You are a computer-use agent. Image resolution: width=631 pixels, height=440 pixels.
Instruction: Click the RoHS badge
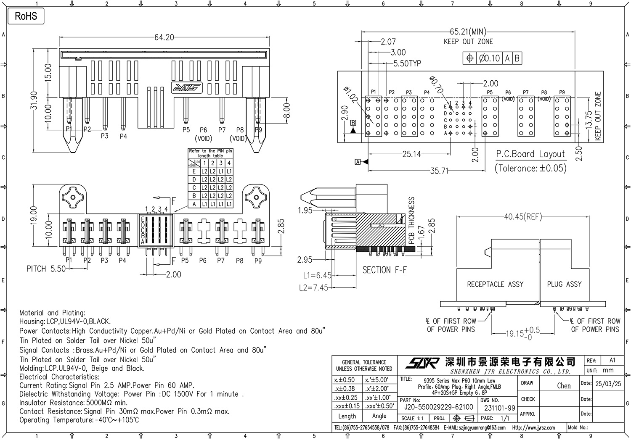pyautogui.click(x=26, y=16)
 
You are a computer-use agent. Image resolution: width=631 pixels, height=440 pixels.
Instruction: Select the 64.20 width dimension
pyautogui.click(x=164, y=37)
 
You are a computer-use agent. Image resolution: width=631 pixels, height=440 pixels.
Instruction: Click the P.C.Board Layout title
pyautogui.click(x=530, y=154)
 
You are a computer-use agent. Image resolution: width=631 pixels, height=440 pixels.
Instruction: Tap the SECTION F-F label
pyautogui.click(x=384, y=270)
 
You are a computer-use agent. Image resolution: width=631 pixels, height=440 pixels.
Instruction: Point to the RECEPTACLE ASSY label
pyautogui.click(x=495, y=285)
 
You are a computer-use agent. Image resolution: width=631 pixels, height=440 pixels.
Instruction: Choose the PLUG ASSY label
pyautogui.click(x=564, y=285)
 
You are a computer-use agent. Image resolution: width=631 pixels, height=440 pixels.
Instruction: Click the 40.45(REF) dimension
pyautogui.click(x=523, y=217)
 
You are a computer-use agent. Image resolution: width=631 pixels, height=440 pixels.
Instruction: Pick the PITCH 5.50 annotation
pyautogui.click(x=46, y=269)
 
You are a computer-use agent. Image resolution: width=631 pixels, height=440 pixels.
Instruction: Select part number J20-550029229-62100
pyautogui.click(x=438, y=407)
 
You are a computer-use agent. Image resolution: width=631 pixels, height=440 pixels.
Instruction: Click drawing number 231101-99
pyautogui.click(x=499, y=408)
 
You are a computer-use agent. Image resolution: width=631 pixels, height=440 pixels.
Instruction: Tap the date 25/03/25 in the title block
pyautogui.click(x=608, y=384)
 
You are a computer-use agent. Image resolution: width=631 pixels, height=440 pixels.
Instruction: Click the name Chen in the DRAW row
pyautogui.click(x=564, y=385)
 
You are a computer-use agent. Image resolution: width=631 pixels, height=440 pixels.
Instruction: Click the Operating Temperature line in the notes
pyautogui.click(x=79, y=420)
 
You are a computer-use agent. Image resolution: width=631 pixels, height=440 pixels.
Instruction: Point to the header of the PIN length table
pyautogui.click(x=210, y=153)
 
